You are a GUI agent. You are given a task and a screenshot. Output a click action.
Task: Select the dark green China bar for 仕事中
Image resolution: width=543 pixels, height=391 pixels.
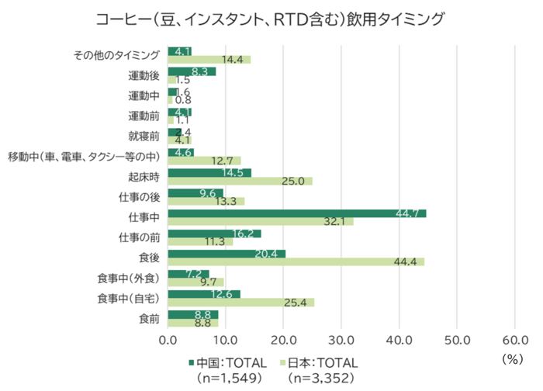point(296,213)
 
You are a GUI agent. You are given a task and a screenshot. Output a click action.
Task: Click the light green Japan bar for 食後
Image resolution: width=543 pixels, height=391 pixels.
point(296,261)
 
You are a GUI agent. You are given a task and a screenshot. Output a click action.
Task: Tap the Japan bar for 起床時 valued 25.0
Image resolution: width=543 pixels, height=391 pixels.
point(240,181)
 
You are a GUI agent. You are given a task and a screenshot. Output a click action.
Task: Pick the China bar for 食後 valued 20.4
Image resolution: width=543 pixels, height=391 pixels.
point(227,254)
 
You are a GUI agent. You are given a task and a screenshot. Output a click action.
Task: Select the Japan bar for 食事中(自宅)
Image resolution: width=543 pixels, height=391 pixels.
point(240,302)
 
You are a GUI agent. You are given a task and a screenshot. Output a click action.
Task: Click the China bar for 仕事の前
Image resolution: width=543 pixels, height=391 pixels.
point(214,234)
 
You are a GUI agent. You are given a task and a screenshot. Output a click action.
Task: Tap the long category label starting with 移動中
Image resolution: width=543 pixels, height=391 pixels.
point(83,156)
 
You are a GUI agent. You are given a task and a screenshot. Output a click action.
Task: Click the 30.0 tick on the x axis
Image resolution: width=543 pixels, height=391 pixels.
point(341,339)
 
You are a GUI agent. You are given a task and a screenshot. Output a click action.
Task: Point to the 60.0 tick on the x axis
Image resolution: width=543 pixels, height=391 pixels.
point(515,339)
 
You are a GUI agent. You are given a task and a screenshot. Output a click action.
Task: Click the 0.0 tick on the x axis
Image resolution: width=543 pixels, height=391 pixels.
point(168,339)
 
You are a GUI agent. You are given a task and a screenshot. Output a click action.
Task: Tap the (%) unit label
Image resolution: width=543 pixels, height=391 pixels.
point(513,358)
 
